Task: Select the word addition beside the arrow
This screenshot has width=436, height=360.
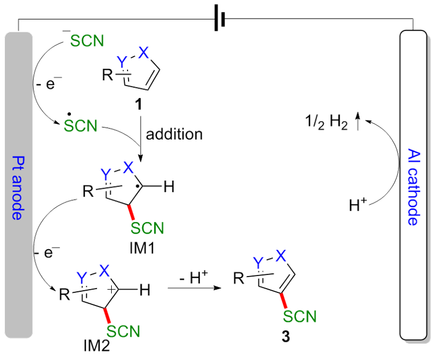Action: click(174, 134)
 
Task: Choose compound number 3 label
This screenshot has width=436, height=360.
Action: click(286, 337)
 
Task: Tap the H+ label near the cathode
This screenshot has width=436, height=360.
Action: click(360, 206)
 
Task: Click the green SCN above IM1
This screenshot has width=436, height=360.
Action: click(147, 227)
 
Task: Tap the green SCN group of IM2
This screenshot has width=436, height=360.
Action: click(123, 331)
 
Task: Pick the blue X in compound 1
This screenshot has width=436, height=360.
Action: click(143, 53)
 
